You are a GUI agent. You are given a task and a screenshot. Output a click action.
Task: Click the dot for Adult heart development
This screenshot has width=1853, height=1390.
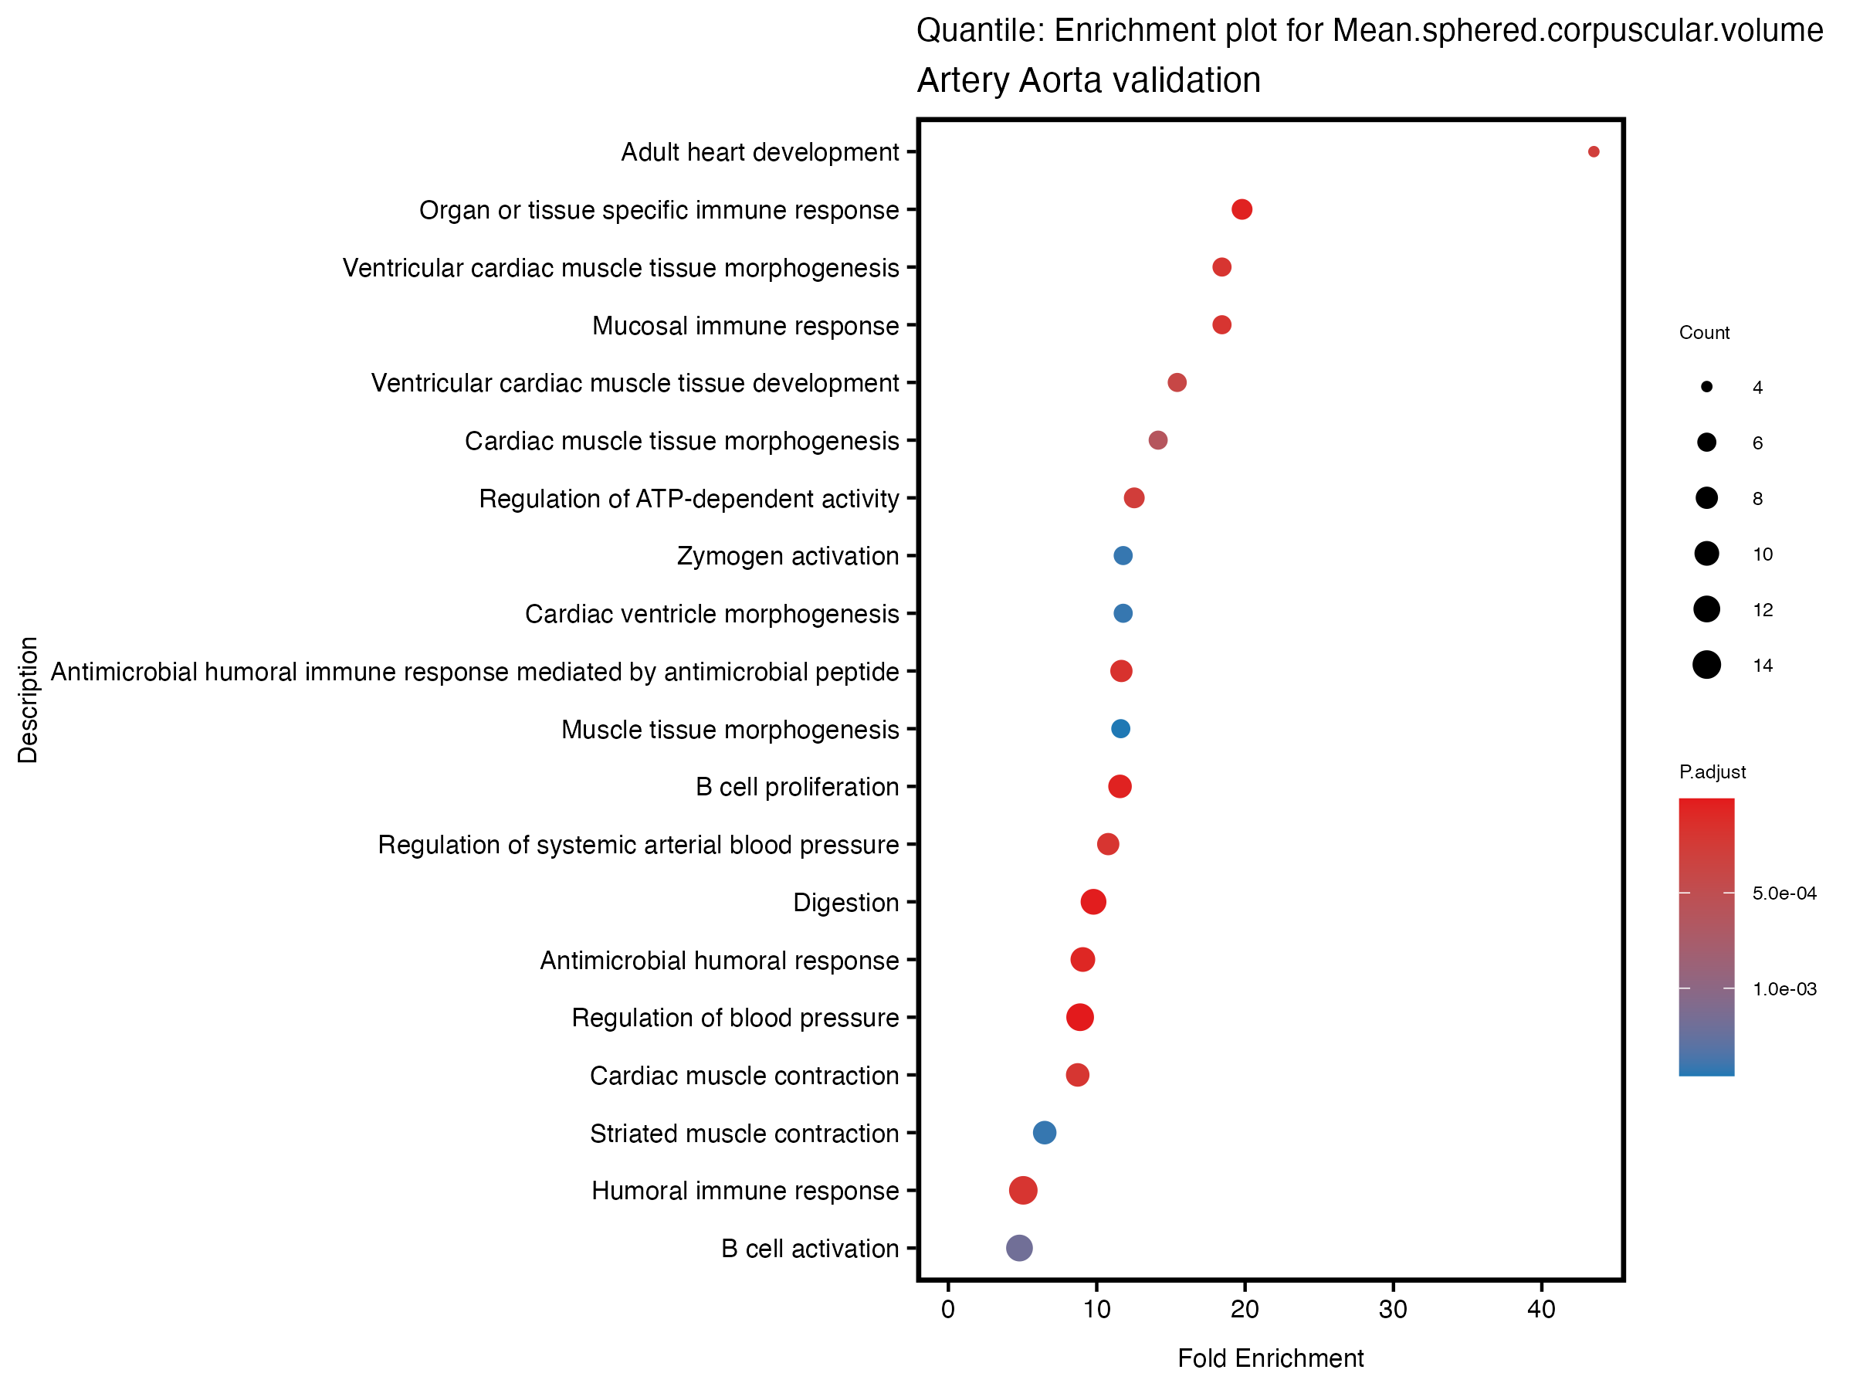click(x=1594, y=151)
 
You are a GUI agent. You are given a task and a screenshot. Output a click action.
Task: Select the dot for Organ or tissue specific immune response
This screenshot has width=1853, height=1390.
click(x=1242, y=209)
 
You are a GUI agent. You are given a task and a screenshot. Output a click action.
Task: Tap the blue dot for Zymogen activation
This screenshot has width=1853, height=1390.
click(x=1123, y=555)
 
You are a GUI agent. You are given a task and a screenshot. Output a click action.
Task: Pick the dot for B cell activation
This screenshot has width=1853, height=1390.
click(x=1018, y=1248)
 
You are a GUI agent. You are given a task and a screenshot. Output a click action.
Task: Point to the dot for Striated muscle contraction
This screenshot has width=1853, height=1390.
click(x=1044, y=1133)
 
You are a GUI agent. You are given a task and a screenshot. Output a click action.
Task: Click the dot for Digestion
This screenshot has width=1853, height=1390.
click(x=1093, y=901)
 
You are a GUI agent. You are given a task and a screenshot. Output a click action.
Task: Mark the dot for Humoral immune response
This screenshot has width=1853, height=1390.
click(x=1023, y=1190)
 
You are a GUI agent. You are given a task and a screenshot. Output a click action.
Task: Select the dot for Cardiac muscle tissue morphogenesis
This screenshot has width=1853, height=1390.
click(x=1157, y=440)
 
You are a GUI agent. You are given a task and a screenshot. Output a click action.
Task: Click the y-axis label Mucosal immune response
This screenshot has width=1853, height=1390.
click(x=745, y=325)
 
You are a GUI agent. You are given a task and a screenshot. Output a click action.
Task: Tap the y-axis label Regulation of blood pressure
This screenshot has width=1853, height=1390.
click(x=735, y=1017)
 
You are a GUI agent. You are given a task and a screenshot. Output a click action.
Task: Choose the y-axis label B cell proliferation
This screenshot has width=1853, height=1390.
click(x=797, y=787)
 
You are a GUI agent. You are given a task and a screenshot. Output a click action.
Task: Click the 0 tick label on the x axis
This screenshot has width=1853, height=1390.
click(x=947, y=1310)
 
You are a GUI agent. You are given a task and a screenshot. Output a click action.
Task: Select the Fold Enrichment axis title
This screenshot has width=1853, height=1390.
click(x=1270, y=1358)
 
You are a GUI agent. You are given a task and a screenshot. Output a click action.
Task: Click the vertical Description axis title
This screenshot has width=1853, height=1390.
click(x=28, y=700)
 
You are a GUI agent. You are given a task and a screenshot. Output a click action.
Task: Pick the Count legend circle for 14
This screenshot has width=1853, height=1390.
click(x=1706, y=665)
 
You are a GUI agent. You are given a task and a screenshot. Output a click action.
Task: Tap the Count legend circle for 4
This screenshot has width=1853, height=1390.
click(x=1706, y=387)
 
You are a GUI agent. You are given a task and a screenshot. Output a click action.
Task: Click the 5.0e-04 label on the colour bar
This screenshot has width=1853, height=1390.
click(x=1784, y=893)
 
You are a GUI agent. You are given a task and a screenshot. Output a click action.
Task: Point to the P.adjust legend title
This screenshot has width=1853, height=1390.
click(x=1712, y=771)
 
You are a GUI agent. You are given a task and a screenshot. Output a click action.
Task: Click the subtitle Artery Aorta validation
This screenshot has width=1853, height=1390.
click(x=1088, y=80)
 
